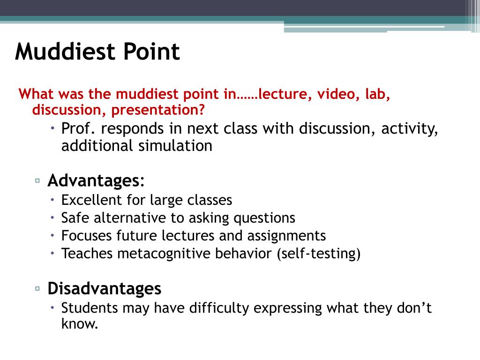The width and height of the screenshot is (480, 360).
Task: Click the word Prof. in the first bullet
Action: pyautogui.click(x=78, y=128)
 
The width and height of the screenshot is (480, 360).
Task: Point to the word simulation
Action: pyautogui.click(x=175, y=146)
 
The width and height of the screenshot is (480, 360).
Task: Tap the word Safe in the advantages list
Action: pyautogui.click(x=75, y=218)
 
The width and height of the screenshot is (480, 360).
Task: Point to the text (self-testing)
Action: pyautogui.click(x=318, y=254)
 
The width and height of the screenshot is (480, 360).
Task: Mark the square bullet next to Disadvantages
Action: pyautogui.click(x=37, y=288)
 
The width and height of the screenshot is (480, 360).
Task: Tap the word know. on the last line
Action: pyautogui.click(x=80, y=324)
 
